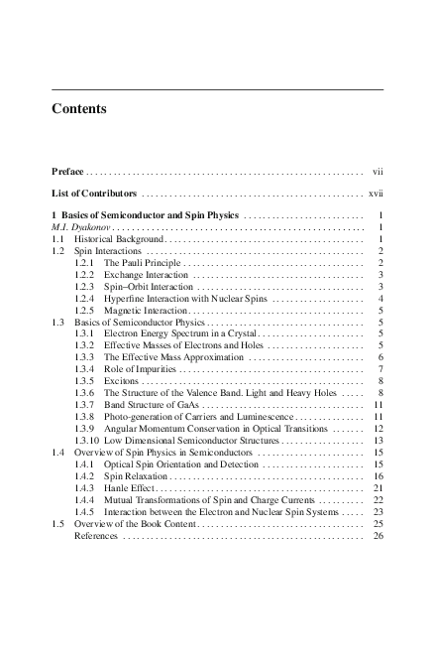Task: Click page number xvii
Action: [376, 194]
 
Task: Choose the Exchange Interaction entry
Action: [145, 274]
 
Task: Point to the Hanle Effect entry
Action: [130, 487]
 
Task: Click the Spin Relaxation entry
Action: [137, 475]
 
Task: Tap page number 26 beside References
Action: [378, 535]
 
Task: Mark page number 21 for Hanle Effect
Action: [378, 487]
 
